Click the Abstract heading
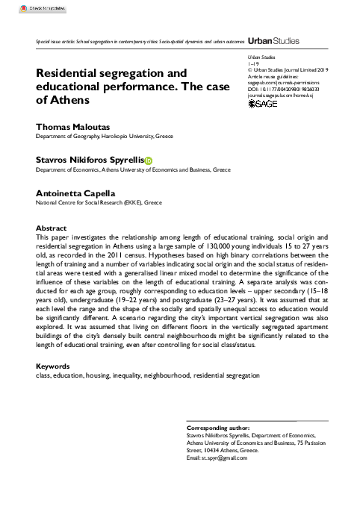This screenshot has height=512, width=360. point(52,227)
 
